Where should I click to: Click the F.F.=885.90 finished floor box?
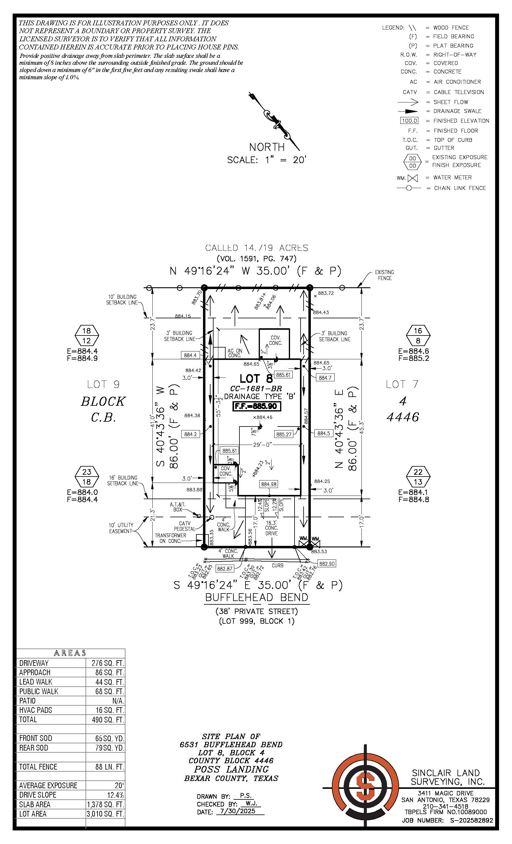click(257, 407)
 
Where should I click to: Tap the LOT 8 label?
click(256, 379)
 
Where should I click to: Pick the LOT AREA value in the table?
click(105, 814)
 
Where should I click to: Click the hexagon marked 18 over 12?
click(87, 336)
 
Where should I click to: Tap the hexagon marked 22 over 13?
click(418, 477)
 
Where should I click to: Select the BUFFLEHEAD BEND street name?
click(257, 597)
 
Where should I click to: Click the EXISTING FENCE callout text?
click(384, 275)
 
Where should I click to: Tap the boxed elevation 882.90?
click(326, 563)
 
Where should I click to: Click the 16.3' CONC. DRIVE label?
click(271, 528)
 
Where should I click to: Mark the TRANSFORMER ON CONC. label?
click(170, 538)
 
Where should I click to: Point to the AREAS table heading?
click(70, 653)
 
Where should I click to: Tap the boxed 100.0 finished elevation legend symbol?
click(409, 121)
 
